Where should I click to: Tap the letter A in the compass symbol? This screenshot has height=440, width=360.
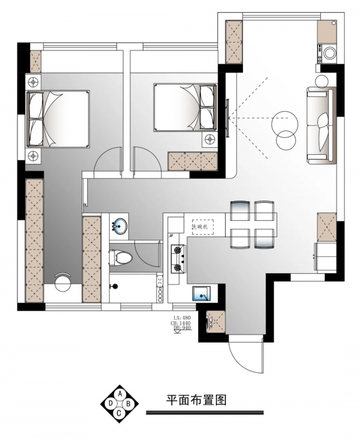pyautogui.click(x=119, y=394)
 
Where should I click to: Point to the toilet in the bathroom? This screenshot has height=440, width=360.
pyautogui.click(x=122, y=258)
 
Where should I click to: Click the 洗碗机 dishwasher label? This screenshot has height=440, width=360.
pyautogui.click(x=200, y=227)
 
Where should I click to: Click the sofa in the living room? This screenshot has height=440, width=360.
pyautogui.click(x=320, y=125)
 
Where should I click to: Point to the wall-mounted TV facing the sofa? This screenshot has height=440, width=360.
pyautogui.click(x=227, y=117)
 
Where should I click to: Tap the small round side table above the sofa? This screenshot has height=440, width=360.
pyautogui.click(x=322, y=80)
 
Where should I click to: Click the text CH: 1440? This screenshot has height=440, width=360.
pyautogui.click(x=182, y=322)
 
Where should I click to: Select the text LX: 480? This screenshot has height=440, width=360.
pyautogui.click(x=182, y=316)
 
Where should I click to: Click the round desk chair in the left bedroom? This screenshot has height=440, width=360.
pyautogui.click(x=63, y=282)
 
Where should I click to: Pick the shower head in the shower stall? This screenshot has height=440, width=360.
pyautogui.click(x=112, y=287)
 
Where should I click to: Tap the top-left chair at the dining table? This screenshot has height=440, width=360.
pyautogui.click(x=238, y=211)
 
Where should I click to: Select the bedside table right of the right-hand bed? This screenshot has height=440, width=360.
pyautogui.click(x=210, y=139)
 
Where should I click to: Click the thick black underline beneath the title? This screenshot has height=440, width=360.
pyautogui.click(x=205, y=412)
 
